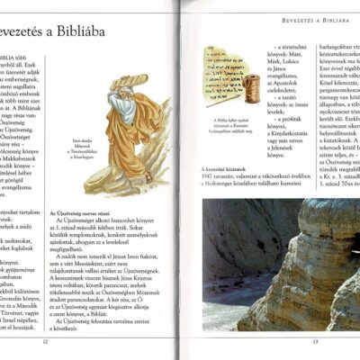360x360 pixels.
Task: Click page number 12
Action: pyautogui.click(x=44, y=342)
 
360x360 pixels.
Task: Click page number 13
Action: pyautogui.click(x=315, y=342)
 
